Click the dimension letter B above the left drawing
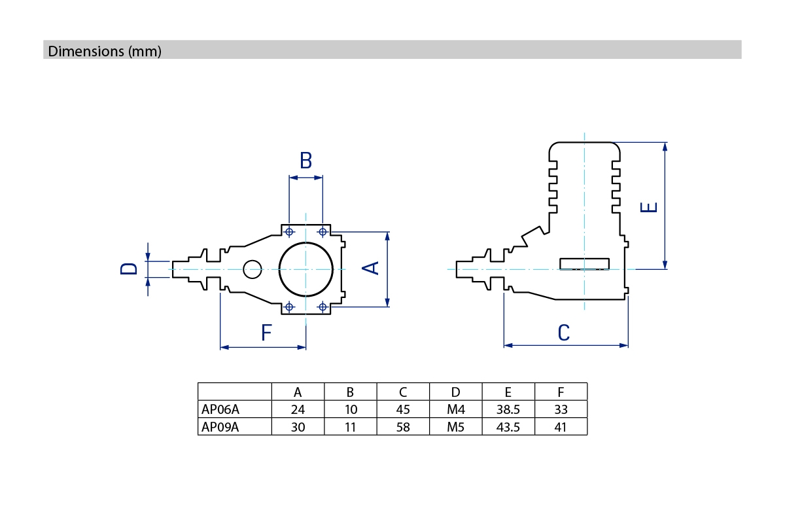pos(305,160)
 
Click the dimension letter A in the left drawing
pos(371,267)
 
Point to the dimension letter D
pos(130,269)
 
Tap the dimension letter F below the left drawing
pos(266,333)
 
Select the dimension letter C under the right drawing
pos(564,333)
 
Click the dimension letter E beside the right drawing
pos(648,208)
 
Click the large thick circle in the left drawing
pos(306,269)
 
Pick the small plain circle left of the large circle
pos(252,269)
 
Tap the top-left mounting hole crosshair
pos(289,231)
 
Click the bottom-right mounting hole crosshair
pos(323,307)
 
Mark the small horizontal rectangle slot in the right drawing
pos(585,263)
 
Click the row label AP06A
pos(220,410)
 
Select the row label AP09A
pos(220,428)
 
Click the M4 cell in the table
pos(455,410)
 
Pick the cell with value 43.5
pos(508,428)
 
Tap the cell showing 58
pos(403,428)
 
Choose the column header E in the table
pos(508,392)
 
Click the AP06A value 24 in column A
pos(298,410)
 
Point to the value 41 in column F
pos(560,428)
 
